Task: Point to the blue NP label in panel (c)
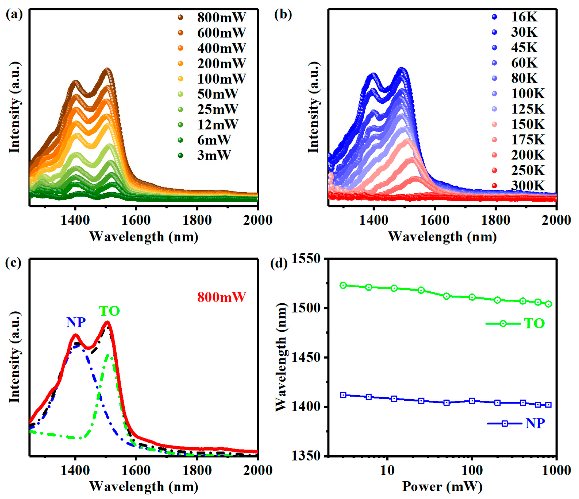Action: (x=76, y=323)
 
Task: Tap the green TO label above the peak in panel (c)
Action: (x=109, y=311)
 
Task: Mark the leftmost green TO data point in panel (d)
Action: (x=343, y=285)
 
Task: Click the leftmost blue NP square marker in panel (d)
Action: (x=343, y=395)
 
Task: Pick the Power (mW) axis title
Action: (x=442, y=486)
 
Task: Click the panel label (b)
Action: (x=283, y=15)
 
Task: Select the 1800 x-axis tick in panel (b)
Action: (x=495, y=220)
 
